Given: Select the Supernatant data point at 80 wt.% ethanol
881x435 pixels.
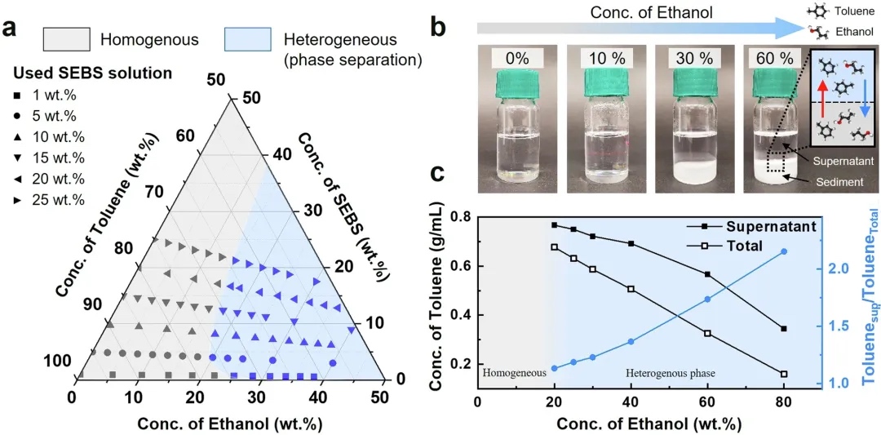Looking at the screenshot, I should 784,329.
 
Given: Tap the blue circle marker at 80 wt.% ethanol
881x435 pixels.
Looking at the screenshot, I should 784,251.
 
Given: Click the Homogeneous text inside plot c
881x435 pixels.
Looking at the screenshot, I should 514,374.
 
